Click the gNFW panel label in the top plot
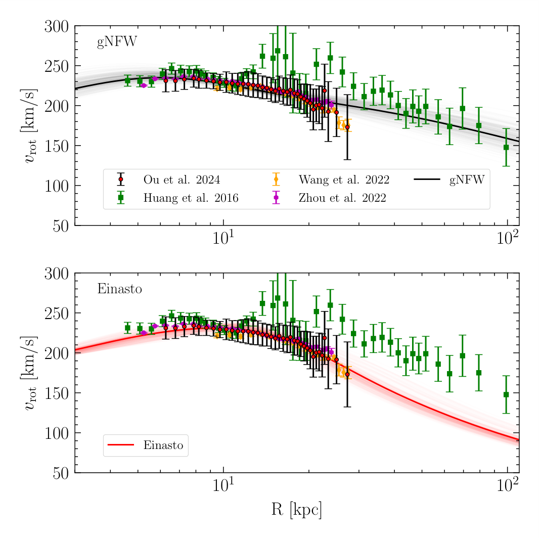(x=116, y=42)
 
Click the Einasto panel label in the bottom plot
(x=119, y=290)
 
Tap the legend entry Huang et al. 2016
(x=191, y=199)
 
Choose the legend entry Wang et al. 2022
(x=343, y=180)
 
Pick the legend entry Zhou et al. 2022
(x=342, y=199)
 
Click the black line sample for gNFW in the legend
(x=426, y=179)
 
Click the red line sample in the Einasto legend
(x=121, y=445)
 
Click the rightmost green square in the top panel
(x=506, y=147)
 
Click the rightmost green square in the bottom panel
(x=506, y=394)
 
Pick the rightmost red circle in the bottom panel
(x=347, y=374)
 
